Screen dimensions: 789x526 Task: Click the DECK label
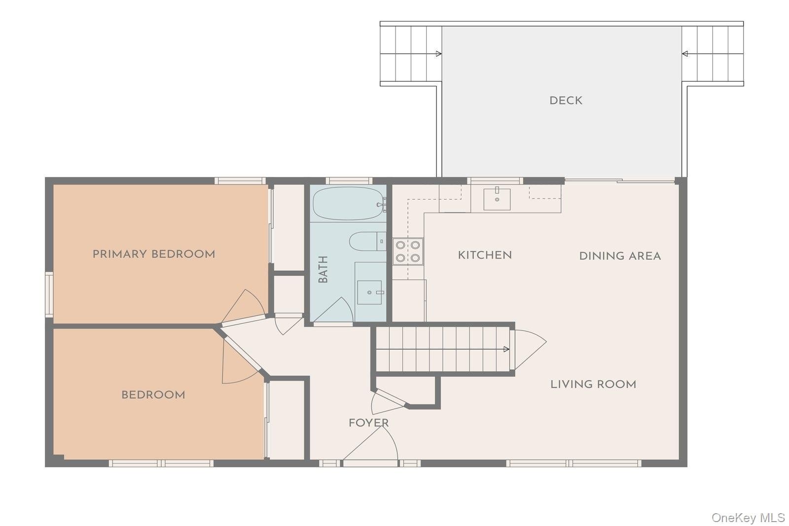coord(566,101)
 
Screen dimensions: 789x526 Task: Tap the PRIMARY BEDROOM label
coord(154,254)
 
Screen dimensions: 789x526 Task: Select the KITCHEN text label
coord(485,255)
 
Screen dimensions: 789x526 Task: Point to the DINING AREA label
coord(620,256)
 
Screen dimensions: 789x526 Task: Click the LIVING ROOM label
coord(593,385)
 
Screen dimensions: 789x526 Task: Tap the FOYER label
coord(368,423)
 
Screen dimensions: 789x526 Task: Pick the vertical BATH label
coord(323,269)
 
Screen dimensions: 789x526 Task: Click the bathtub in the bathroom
coord(348,204)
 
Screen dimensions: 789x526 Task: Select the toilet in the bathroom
coord(367,241)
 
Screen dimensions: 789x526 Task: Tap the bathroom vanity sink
coord(369,292)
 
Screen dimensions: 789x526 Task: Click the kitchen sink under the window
coord(497,199)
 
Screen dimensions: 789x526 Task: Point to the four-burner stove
coord(407,251)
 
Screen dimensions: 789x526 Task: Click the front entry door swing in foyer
coord(370,443)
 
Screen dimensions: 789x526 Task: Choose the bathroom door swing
coord(333,310)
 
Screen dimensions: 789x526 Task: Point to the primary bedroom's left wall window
coord(49,294)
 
